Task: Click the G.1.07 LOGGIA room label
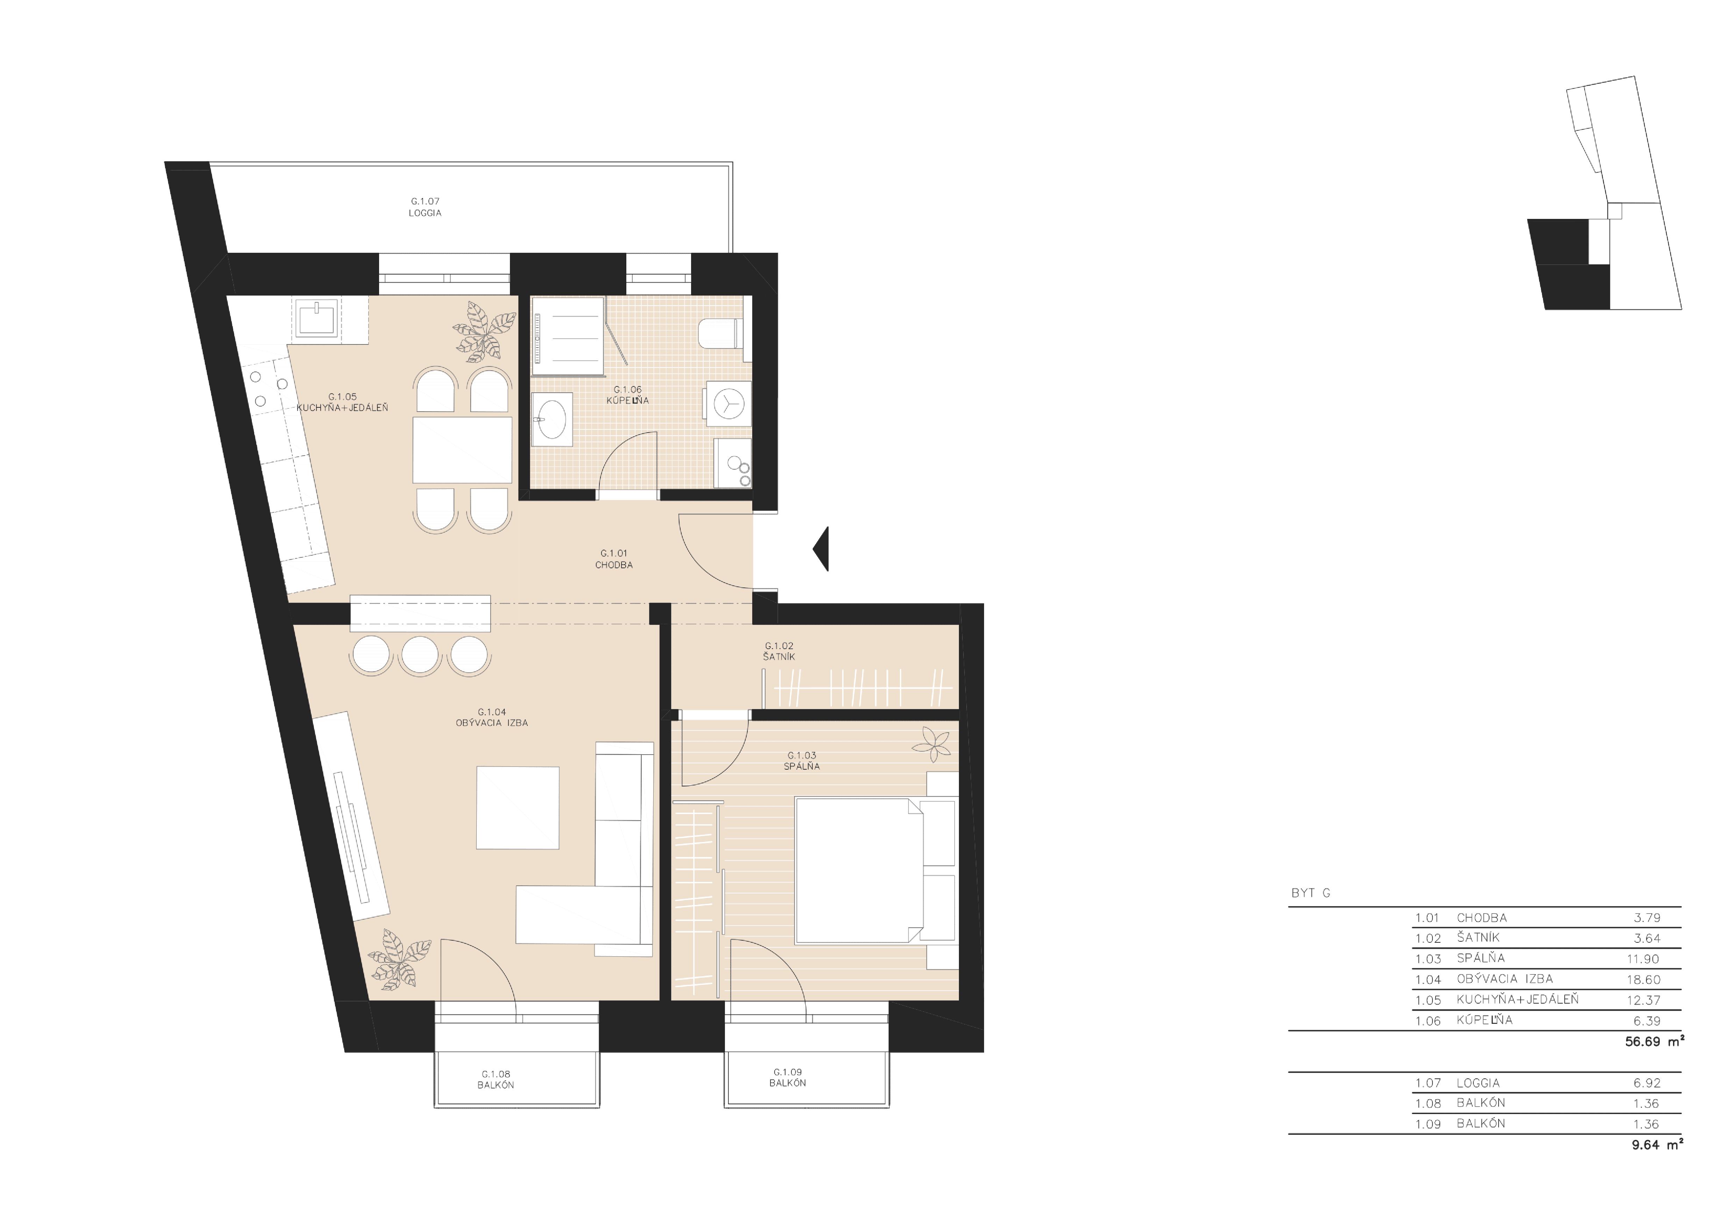[425, 207]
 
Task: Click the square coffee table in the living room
[518, 807]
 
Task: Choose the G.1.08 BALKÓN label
[496, 1079]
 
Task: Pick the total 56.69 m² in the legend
[1655, 1041]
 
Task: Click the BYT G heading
[1311, 893]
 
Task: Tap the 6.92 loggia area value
[1647, 1083]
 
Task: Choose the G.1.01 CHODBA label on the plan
[614, 559]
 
